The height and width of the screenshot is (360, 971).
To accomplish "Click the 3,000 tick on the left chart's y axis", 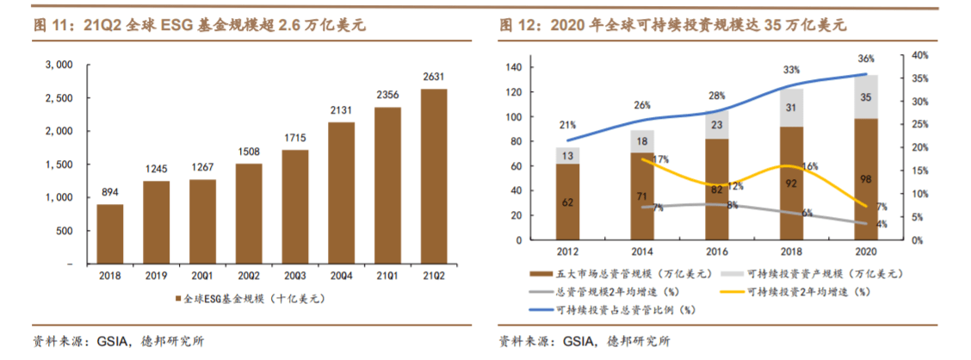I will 59,65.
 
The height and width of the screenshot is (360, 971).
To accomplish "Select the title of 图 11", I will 200,26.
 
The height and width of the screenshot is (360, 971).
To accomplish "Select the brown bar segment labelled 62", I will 567,202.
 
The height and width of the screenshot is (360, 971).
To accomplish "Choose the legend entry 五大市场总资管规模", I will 618,273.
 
